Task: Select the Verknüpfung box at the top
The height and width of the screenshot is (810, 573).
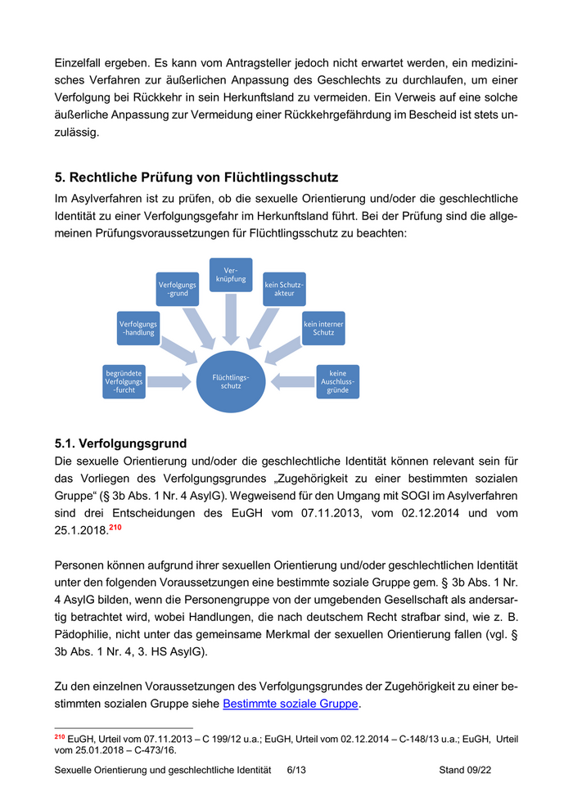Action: pos(231,274)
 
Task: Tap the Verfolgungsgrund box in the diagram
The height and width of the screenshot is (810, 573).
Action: pos(177,288)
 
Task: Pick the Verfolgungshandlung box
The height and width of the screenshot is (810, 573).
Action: pos(138,328)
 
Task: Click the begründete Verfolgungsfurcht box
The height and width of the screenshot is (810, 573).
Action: pos(124,381)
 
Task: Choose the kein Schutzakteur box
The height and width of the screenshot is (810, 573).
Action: pos(284,288)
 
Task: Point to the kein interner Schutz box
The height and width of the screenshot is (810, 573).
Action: pos(323,328)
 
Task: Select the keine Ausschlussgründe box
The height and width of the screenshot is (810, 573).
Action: pos(337,381)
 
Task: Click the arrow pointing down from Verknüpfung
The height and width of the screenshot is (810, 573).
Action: pos(231,319)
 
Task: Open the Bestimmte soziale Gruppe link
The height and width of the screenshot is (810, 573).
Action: pos(291,703)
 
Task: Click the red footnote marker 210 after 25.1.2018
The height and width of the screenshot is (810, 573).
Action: pos(116,528)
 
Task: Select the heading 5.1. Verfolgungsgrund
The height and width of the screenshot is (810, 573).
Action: pos(120,444)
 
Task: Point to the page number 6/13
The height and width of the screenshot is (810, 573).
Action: pos(297,770)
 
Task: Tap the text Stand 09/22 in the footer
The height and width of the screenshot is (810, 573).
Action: pos(465,770)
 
